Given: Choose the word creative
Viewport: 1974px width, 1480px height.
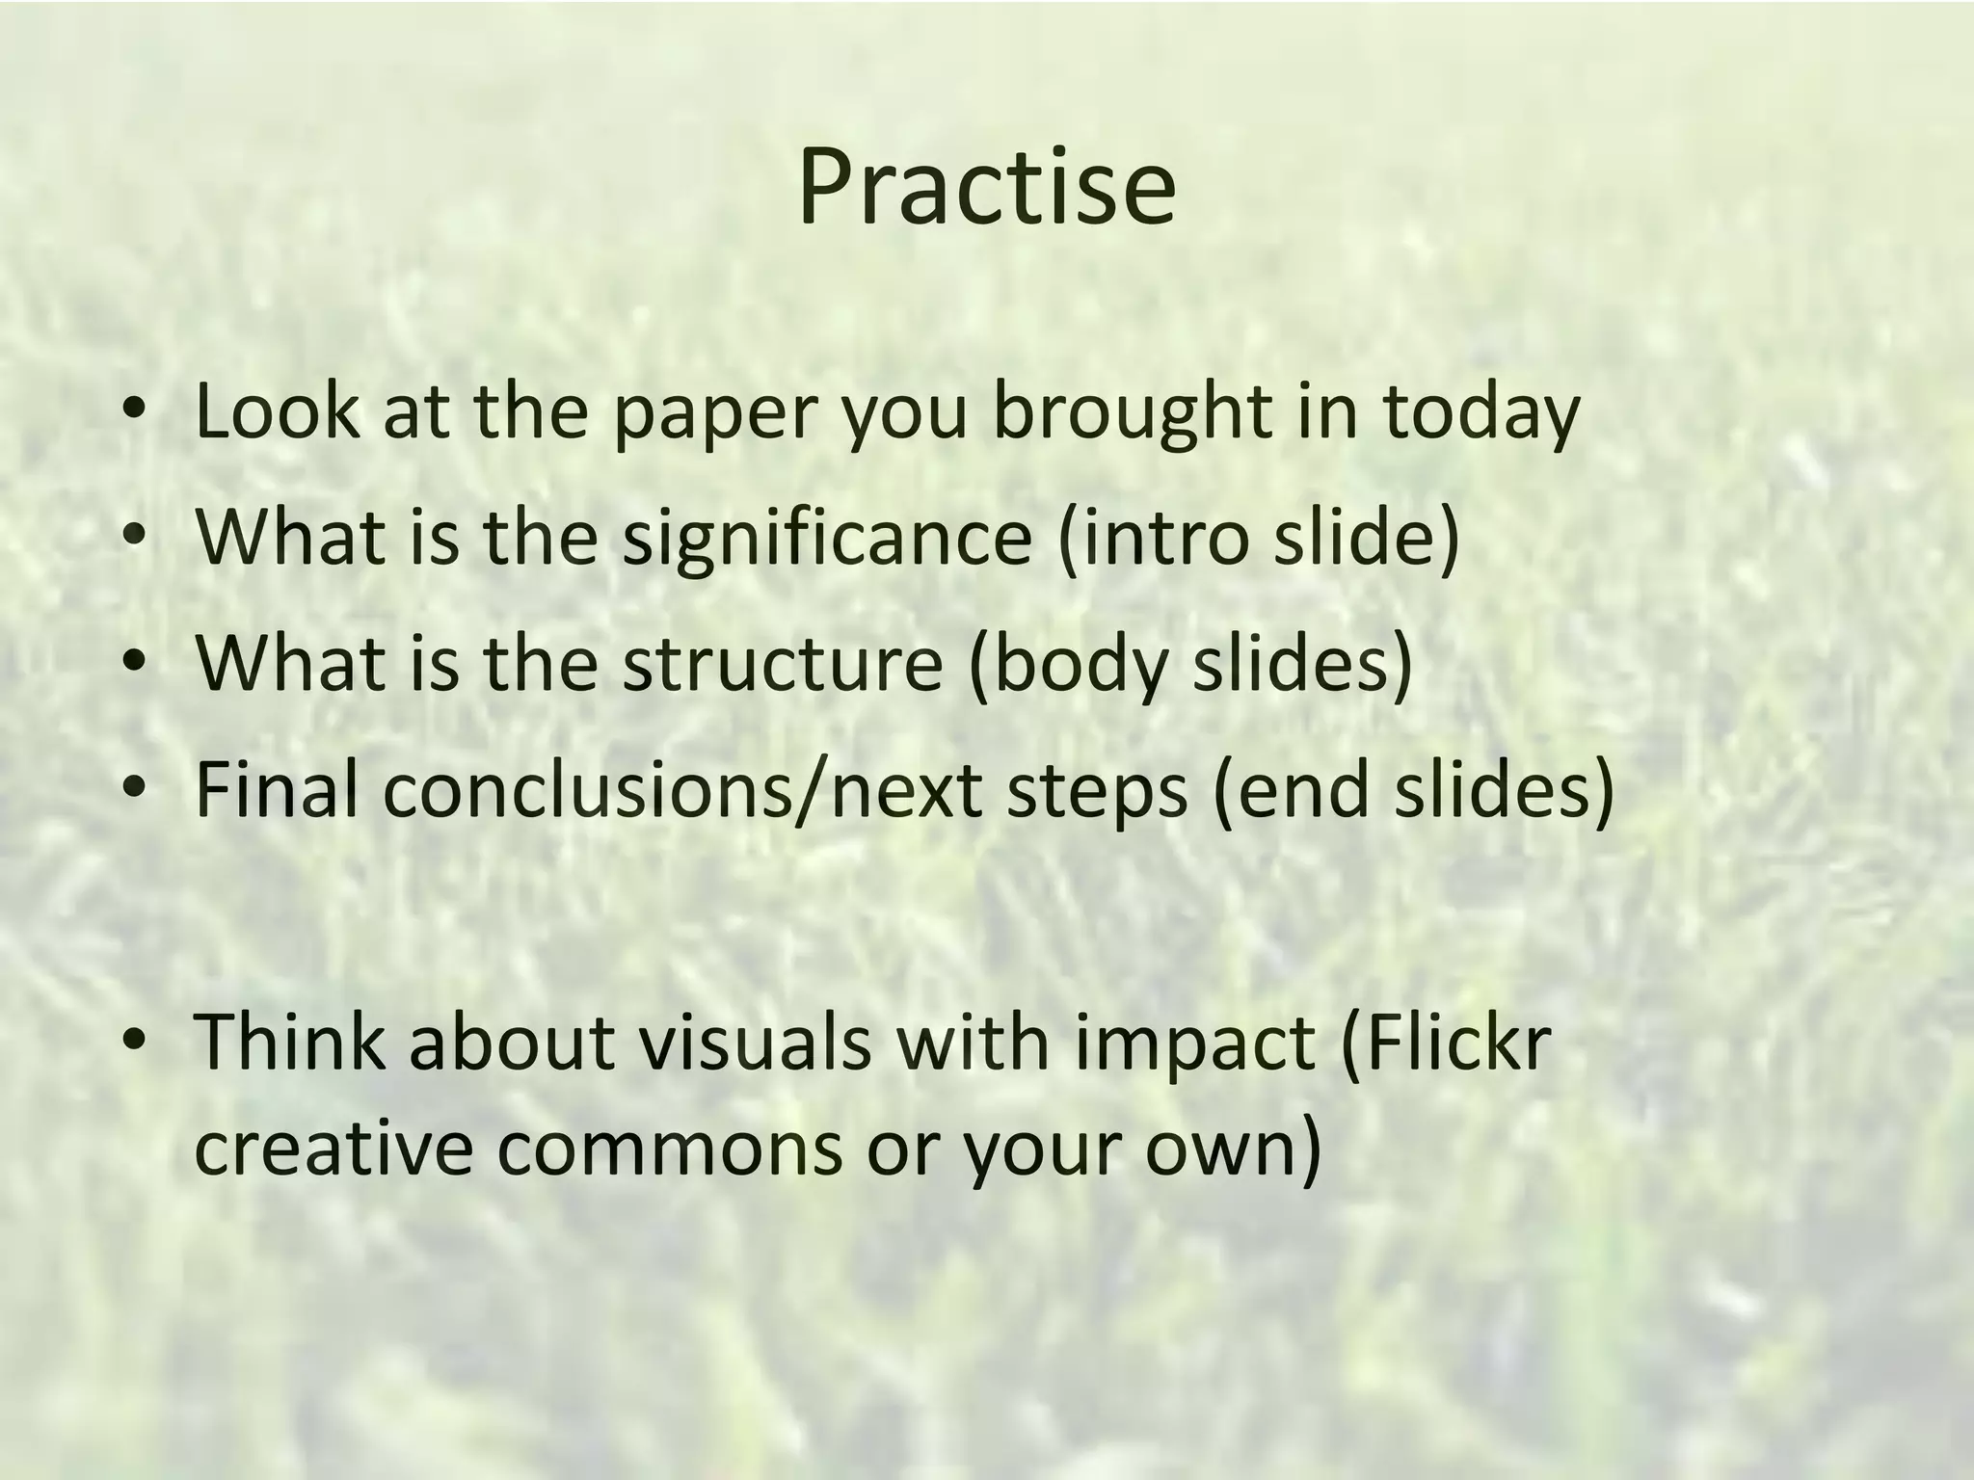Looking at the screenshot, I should pyautogui.click(x=333, y=1149).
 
